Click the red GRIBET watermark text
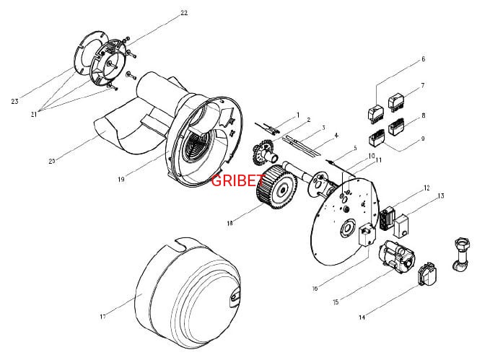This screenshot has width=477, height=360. pos(237,180)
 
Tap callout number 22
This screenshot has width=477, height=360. pos(184,13)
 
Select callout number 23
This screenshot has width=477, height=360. pos(14,102)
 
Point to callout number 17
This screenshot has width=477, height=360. pos(102,317)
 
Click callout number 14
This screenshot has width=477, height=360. pos(362,317)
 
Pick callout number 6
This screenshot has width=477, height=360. pos(423,59)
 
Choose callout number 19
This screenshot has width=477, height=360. pos(121,180)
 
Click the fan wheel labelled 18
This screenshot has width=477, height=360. pos(277,187)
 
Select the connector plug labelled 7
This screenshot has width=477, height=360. pos(396,101)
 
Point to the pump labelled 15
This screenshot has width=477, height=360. pos(396,255)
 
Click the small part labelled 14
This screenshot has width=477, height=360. pos(428,274)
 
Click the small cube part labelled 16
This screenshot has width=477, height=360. pos(367,234)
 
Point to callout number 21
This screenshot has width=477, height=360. pos(33,115)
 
